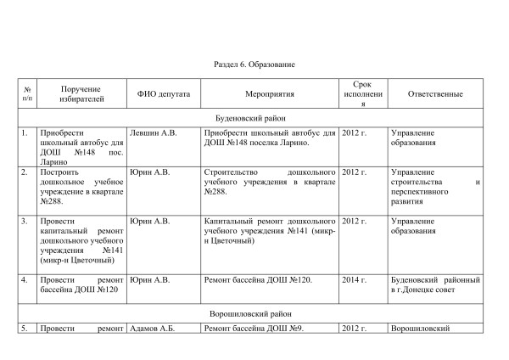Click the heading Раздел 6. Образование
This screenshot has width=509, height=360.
coord(254,65)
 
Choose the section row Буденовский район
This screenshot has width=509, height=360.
coord(254,119)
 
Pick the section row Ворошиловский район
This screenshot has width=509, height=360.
coord(254,313)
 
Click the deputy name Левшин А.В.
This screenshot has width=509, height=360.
coord(153,133)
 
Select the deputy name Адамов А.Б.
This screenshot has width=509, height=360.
coord(151,328)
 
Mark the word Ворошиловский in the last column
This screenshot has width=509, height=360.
coord(418,328)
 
